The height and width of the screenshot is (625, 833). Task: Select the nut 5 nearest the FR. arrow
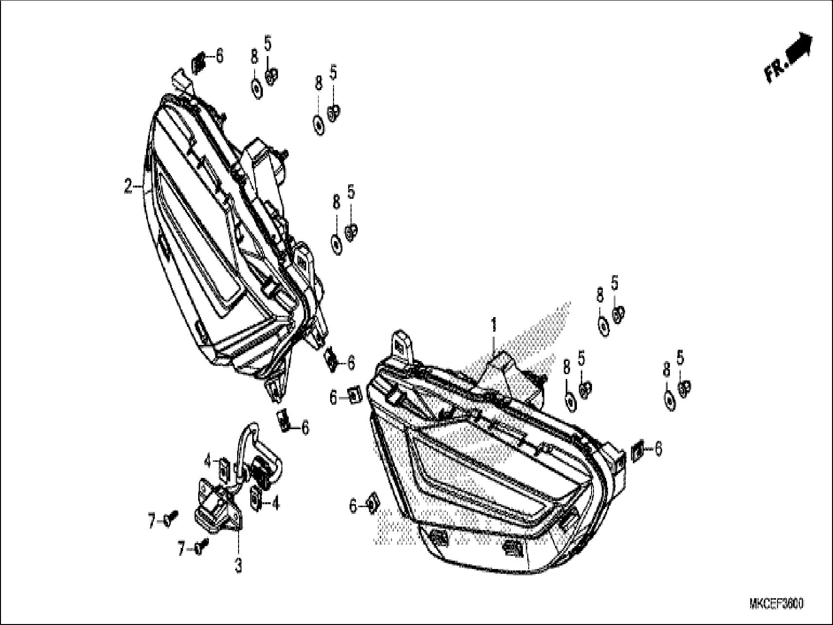(618, 314)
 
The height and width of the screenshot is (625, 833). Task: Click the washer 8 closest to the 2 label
(256, 88)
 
